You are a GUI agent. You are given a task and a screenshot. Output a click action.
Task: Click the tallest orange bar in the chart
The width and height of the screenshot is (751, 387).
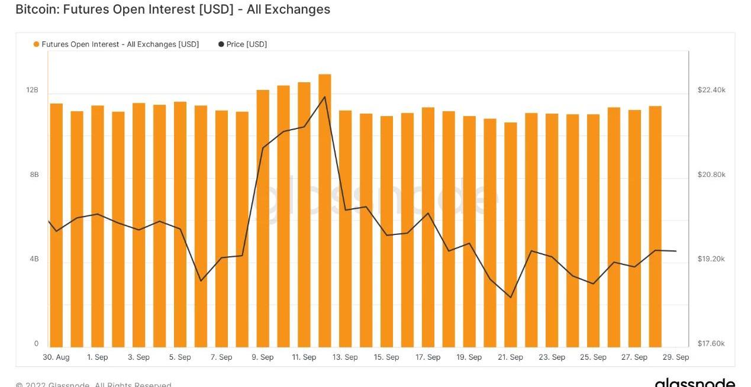click(x=324, y=210)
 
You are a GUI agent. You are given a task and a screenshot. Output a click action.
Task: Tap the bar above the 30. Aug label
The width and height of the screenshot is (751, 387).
click(x=56, y=225)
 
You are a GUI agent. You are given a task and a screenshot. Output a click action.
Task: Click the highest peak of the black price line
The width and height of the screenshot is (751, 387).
click(x=324, y=96)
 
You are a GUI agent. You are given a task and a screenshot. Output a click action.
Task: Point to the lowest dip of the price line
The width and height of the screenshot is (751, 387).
click(x=511, y=297)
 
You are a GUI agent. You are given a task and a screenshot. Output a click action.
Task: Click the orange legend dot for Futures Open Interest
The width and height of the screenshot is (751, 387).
click(x=37, y=44)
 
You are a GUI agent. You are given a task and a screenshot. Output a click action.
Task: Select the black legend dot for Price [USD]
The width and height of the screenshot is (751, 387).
click(x=221, y=44)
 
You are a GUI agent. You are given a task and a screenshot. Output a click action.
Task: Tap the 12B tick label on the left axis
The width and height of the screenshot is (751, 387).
click(x=32, y=90)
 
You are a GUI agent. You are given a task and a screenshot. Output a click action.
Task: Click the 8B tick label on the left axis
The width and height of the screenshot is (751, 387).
click(x=34, y=175)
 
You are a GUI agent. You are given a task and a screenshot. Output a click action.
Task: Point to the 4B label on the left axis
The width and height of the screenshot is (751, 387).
click(x=34, y=259)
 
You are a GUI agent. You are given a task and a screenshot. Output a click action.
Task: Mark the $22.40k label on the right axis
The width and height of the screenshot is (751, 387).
click(x=711, y=90)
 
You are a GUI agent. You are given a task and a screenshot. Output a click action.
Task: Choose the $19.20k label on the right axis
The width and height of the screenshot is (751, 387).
click(x=711, y=259)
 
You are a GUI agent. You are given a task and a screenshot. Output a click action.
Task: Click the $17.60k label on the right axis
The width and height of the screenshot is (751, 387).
click(x=711, y=344)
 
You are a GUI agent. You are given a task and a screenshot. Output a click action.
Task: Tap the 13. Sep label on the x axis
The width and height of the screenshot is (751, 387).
click(x=344, y=357)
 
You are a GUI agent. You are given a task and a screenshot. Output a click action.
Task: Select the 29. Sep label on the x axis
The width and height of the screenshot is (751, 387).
click(x=675, y=357)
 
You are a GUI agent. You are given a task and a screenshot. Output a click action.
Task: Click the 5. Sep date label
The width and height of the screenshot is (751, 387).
click(x=180, y=357)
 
